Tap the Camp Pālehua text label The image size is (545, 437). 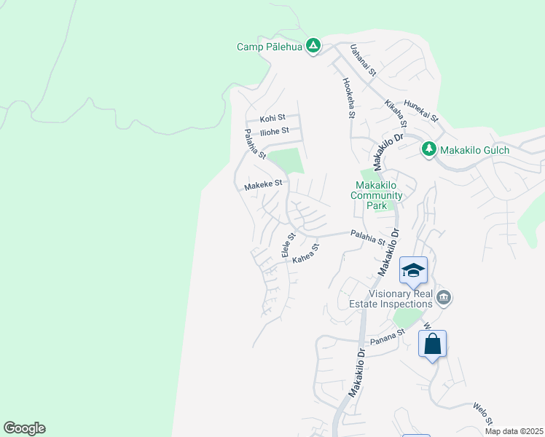pos(269,47)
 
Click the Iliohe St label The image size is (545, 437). pos(275,131)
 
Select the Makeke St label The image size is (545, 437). pos(263,185)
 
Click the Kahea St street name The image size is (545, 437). pos(306,254)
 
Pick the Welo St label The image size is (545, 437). pos(484,414)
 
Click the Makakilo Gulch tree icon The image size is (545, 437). pos(429,150)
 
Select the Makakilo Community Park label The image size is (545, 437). pos(377,195)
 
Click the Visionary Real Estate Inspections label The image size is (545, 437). pos(401,298)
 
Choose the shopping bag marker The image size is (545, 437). pos(432,343)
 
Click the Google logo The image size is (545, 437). pos(24,428)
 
